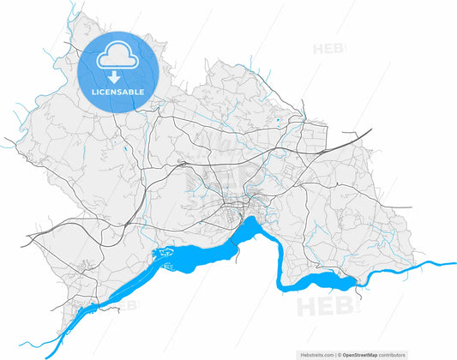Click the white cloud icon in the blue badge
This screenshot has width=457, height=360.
click(119, 57)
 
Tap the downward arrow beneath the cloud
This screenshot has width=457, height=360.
click(119, 77)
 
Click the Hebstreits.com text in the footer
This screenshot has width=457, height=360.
click(317, 354)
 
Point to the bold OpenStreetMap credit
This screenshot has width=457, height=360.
click(363, 354)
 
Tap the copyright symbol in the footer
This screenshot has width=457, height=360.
click(341, 354)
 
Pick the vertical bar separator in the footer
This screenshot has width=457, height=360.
click(337, 354)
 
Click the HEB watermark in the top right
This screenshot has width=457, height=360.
click(329, 49)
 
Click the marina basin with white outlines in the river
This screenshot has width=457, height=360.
click(165, 254)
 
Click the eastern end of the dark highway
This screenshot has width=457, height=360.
click(370, 130)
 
